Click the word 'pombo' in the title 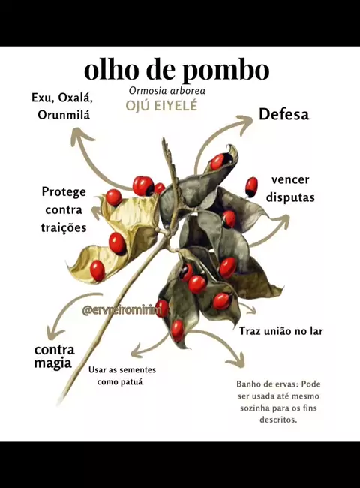point(225,71)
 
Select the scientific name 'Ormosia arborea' point(167,91)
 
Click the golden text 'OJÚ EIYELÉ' point(161,106)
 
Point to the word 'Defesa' point(284,114)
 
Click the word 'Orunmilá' point(64,115)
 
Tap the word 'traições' point(64,227)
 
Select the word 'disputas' point(290,197)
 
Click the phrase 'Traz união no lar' point(281,331)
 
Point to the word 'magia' point(52,363)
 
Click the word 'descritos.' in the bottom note point(278,420)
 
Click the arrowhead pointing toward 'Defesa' point(246,124)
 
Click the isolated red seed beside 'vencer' point(251,187)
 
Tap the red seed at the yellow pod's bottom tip point(97,270)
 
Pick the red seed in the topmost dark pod point(218,162)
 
